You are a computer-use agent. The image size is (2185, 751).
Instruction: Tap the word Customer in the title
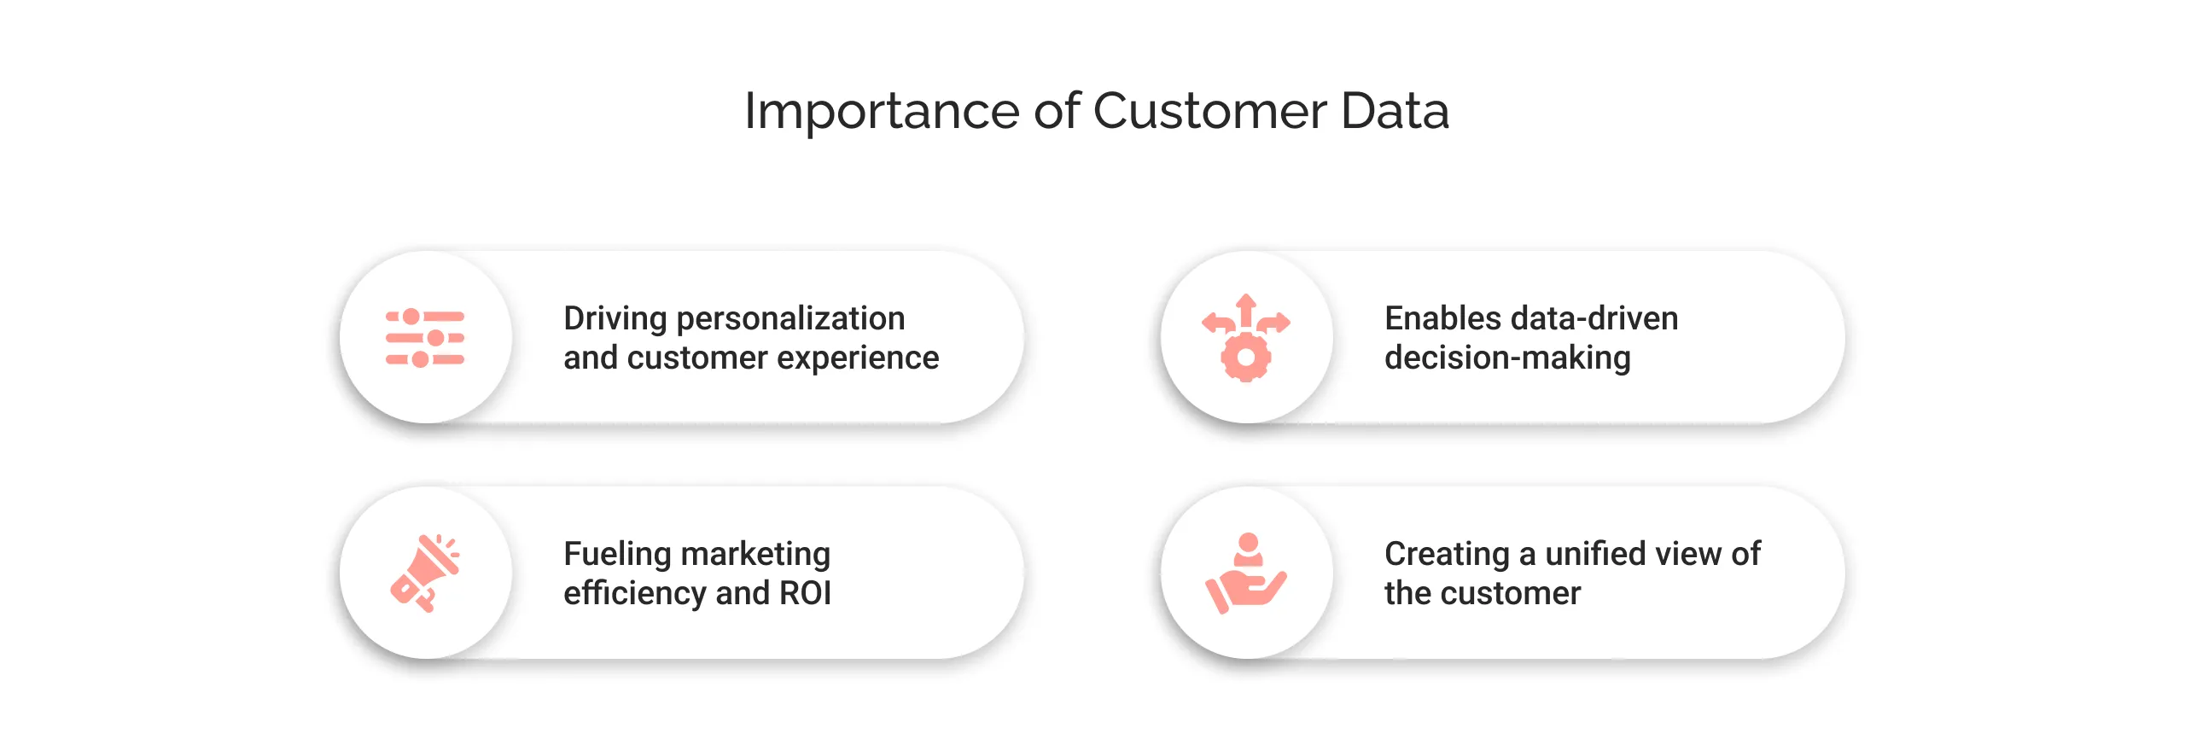pyautogui.click(x=1209, y=112)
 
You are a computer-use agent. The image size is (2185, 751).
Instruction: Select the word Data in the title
pyautogui.click(x=1395, y=112)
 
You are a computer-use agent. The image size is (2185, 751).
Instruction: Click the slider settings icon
pyautogui.click(x=425, y=338)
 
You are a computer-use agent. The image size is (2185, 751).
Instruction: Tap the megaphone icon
pyautogui.click(x=425, y=573)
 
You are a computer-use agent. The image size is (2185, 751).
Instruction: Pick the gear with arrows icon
pyautogui.click(x=1246, y=338)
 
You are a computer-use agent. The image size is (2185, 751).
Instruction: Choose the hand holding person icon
pyautogui.click(x=1246, y=574)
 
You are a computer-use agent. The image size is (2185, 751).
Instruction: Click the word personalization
pyautogui.click(x=790, y=319)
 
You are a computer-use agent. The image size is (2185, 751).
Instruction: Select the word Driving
pyautogui.click(x=615, y=319)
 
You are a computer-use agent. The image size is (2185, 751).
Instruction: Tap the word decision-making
pyautogui.click(x=1507, y=358)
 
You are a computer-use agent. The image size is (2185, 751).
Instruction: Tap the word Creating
pyautogui.click(x=1447, y=555)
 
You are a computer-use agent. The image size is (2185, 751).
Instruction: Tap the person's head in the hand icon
pyautogui.click(x=1249, y=542)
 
